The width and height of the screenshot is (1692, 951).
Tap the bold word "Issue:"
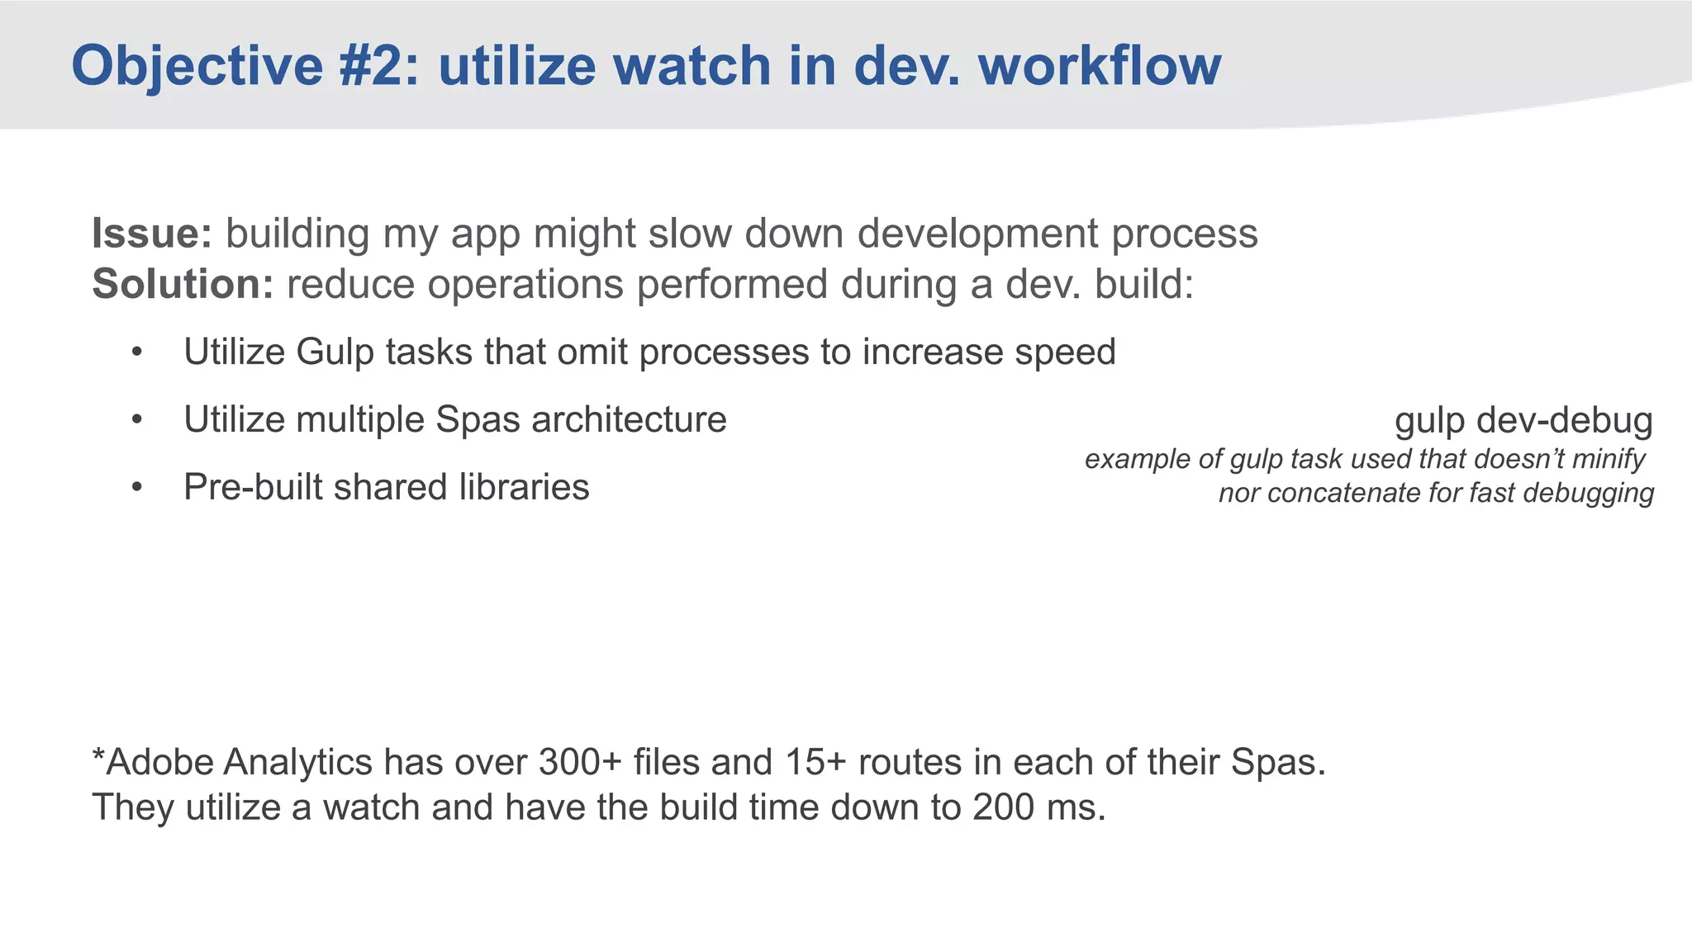(x=152, y=234)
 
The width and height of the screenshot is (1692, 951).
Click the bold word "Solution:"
(x=183, y=285)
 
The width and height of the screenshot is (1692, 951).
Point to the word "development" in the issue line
(x=977, y=234)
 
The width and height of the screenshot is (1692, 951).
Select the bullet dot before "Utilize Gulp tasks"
(x=137, y=353)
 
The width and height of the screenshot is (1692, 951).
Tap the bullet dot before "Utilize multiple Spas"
(x=137, y=421)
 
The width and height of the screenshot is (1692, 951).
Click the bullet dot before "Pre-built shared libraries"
(x=137, y=488)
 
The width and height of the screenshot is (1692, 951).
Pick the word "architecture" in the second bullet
(x=629, y=420)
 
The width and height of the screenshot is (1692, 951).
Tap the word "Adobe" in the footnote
(x=160, y=762)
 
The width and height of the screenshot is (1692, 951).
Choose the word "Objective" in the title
(x=197, y=66)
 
